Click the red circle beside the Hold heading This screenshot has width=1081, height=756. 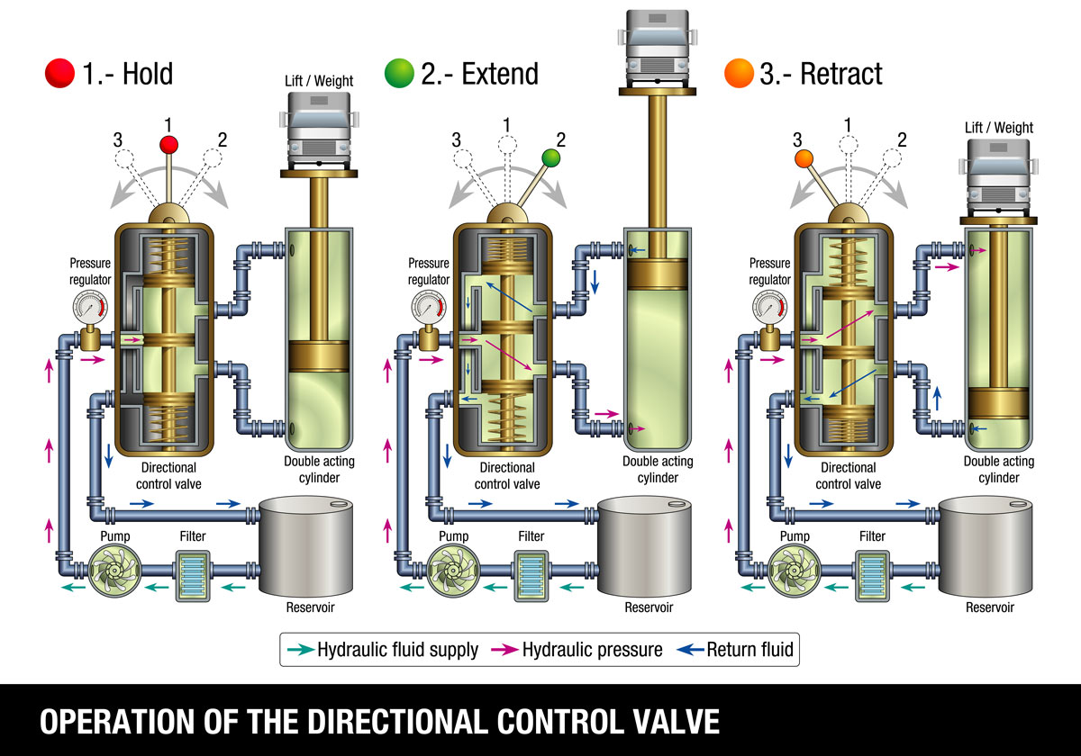click(59, 73)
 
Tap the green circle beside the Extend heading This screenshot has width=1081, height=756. click(398, 73)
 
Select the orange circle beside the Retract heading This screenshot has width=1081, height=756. click(738, 73)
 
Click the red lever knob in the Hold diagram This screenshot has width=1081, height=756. click(168, 144)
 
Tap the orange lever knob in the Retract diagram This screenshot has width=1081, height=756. click(804, 159)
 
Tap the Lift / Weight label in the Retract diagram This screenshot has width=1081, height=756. click(998, 128)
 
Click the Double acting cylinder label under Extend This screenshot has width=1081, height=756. click(658, 469)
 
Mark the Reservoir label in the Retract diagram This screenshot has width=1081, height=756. click(990, 607)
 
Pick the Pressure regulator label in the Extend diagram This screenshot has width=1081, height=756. click(429, 271)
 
